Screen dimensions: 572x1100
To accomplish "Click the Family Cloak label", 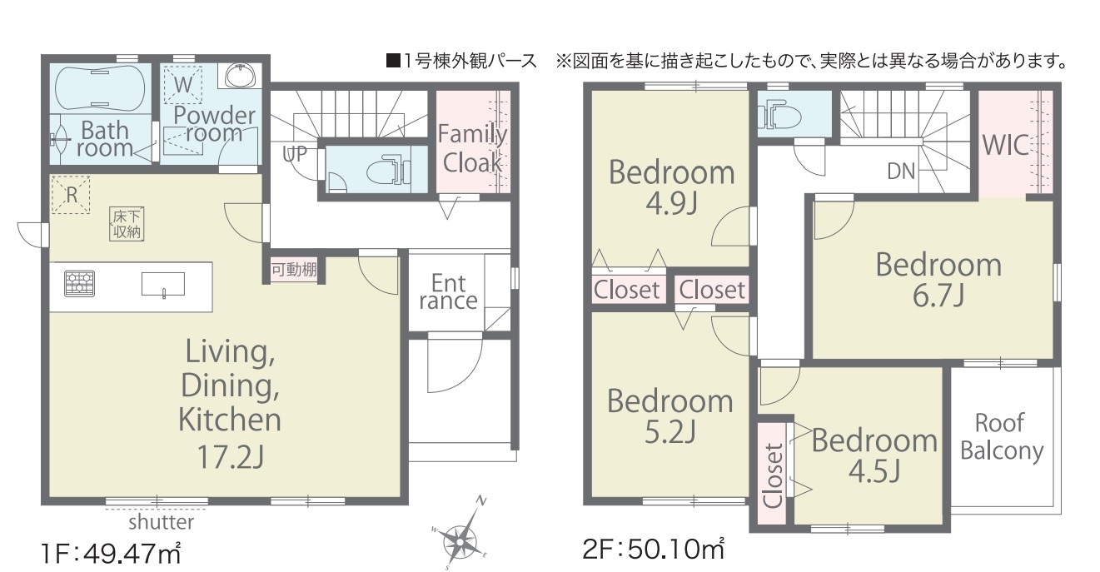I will [x=472, y=147].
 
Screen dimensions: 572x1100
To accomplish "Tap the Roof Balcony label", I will [x=1001, y=436].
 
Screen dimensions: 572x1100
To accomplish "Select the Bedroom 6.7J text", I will [x=938, y=280].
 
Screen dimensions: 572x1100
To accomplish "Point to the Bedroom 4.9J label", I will [x=672, y=187].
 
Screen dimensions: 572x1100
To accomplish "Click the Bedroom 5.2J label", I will [x=669, y=415].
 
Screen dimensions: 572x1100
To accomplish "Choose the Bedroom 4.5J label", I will [x=874, y=455].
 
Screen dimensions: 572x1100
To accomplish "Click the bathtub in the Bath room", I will [x=100, y=86].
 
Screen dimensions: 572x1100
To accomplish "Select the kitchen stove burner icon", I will [x=80, y=283].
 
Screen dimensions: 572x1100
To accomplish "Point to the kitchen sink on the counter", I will [x=162, y=284].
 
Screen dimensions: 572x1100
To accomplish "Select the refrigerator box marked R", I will [x=71, y=196].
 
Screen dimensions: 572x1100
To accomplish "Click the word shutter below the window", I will [x=161, y=522].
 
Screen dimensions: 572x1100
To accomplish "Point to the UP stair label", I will [x=296, y=153].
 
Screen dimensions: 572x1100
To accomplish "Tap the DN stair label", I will [x=901, y=172].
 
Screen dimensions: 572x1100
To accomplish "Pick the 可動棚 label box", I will [x=294, y=270].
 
